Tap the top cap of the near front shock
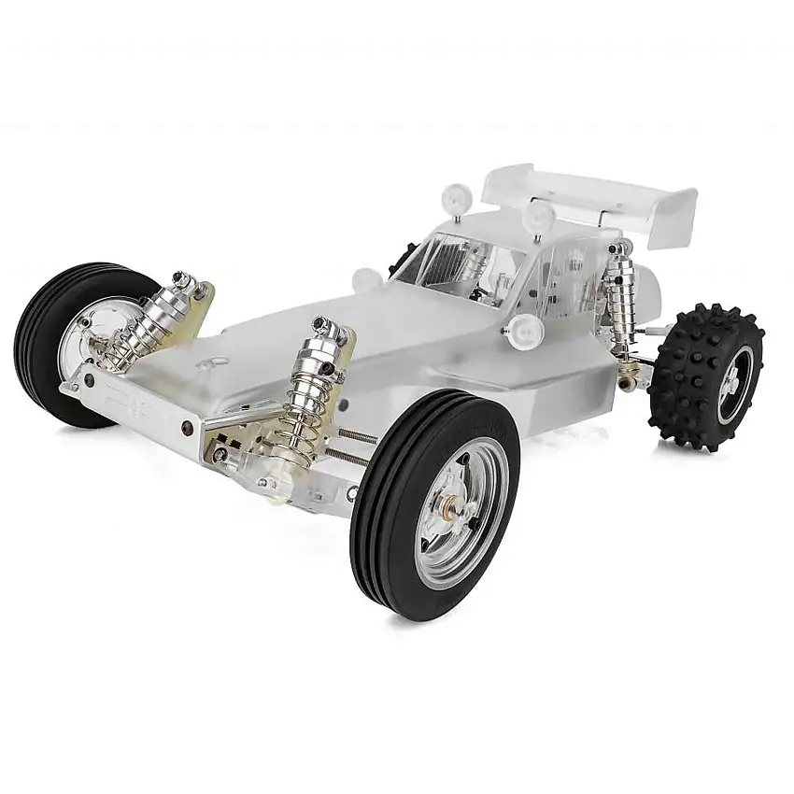(x=323, y=326)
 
